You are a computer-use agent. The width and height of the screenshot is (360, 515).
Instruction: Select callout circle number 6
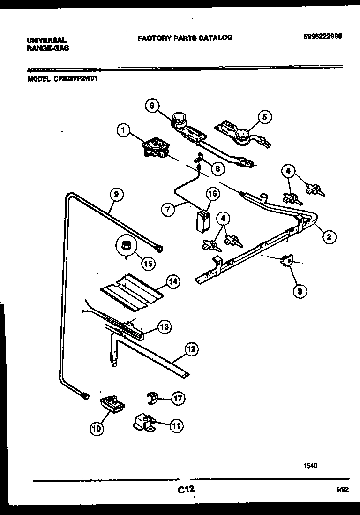pos(151,106)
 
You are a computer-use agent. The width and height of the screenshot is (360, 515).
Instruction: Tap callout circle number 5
pos(264,117)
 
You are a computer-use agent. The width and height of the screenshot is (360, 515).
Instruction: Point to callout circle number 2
pos(329,237)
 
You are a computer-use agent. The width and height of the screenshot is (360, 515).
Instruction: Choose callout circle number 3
pos(300,291)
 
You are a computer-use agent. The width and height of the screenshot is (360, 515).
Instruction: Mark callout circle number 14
pos(172,282)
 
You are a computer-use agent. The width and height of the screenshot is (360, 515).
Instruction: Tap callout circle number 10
pos(96,427)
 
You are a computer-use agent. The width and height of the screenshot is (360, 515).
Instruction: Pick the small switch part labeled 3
pos(286,261)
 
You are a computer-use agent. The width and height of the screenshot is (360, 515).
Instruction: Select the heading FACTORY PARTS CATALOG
pos(185,38)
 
